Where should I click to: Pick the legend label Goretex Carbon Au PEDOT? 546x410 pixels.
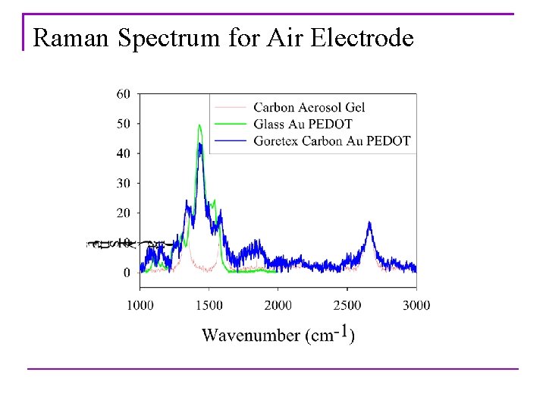331,140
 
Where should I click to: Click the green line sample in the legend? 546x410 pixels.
231,124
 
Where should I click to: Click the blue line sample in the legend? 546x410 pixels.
231,140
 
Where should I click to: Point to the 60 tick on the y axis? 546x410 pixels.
123,93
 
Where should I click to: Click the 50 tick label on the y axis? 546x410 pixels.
123,123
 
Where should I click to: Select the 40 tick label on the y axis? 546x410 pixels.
123,153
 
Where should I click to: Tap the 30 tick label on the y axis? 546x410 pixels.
123,183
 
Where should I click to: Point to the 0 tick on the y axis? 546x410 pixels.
126,272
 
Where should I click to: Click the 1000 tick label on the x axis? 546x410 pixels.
140,305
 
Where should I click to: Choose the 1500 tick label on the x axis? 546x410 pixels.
209,305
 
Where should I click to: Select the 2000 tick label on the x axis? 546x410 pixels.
278,305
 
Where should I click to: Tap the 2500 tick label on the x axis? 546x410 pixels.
347,305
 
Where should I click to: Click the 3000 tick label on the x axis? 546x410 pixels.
416,305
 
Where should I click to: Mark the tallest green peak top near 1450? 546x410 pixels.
199,125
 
